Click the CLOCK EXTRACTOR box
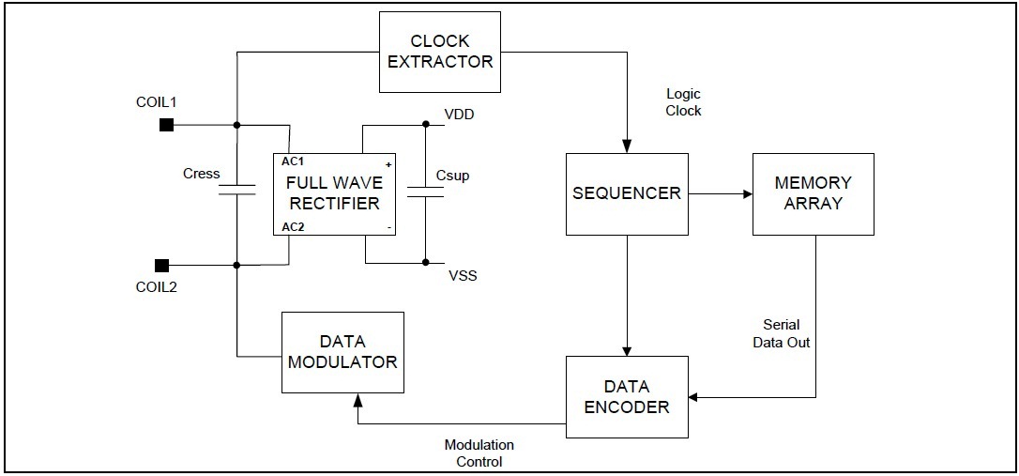(439, 52)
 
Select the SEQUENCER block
(627, 193)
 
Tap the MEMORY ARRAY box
(813, 193)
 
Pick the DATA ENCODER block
(627, 397)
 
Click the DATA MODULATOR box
(342, 352)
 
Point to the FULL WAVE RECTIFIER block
(334, 194)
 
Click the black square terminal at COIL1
(166, 125)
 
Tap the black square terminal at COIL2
(162, 265)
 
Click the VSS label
(463, 275)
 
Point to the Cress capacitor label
(202, 174)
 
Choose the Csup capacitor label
(452, 176)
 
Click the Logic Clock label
(683, 102)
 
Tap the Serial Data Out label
(781, 333)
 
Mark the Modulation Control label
(479, 453)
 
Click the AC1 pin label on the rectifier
(293, 161)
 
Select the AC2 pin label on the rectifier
(293, 227)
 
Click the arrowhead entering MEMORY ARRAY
(747, 194)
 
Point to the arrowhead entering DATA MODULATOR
(357, 400)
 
